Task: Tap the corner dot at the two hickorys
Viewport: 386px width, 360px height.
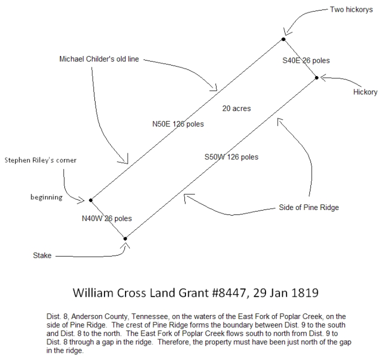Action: tap(283, 39)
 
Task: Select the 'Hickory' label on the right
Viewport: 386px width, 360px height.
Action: tap(365, 92)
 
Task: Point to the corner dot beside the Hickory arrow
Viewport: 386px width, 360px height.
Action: tap(317, 78)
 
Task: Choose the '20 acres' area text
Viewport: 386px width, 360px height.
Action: tap(236, 108)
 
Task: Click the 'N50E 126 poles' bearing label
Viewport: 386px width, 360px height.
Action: tap(178, 124)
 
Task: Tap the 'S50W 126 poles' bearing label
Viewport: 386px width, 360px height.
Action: tap(231, 157)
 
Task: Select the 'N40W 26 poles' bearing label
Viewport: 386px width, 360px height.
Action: tap(107, 219)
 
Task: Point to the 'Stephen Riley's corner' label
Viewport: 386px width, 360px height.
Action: tap(40, 161)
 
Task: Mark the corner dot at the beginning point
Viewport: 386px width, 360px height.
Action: tap(90, 199)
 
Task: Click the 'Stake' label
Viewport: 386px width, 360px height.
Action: tap(42, 256)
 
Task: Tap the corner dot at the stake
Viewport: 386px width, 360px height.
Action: tap(126, 238)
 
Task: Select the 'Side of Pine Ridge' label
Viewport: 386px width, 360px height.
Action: tap(309, 207)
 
